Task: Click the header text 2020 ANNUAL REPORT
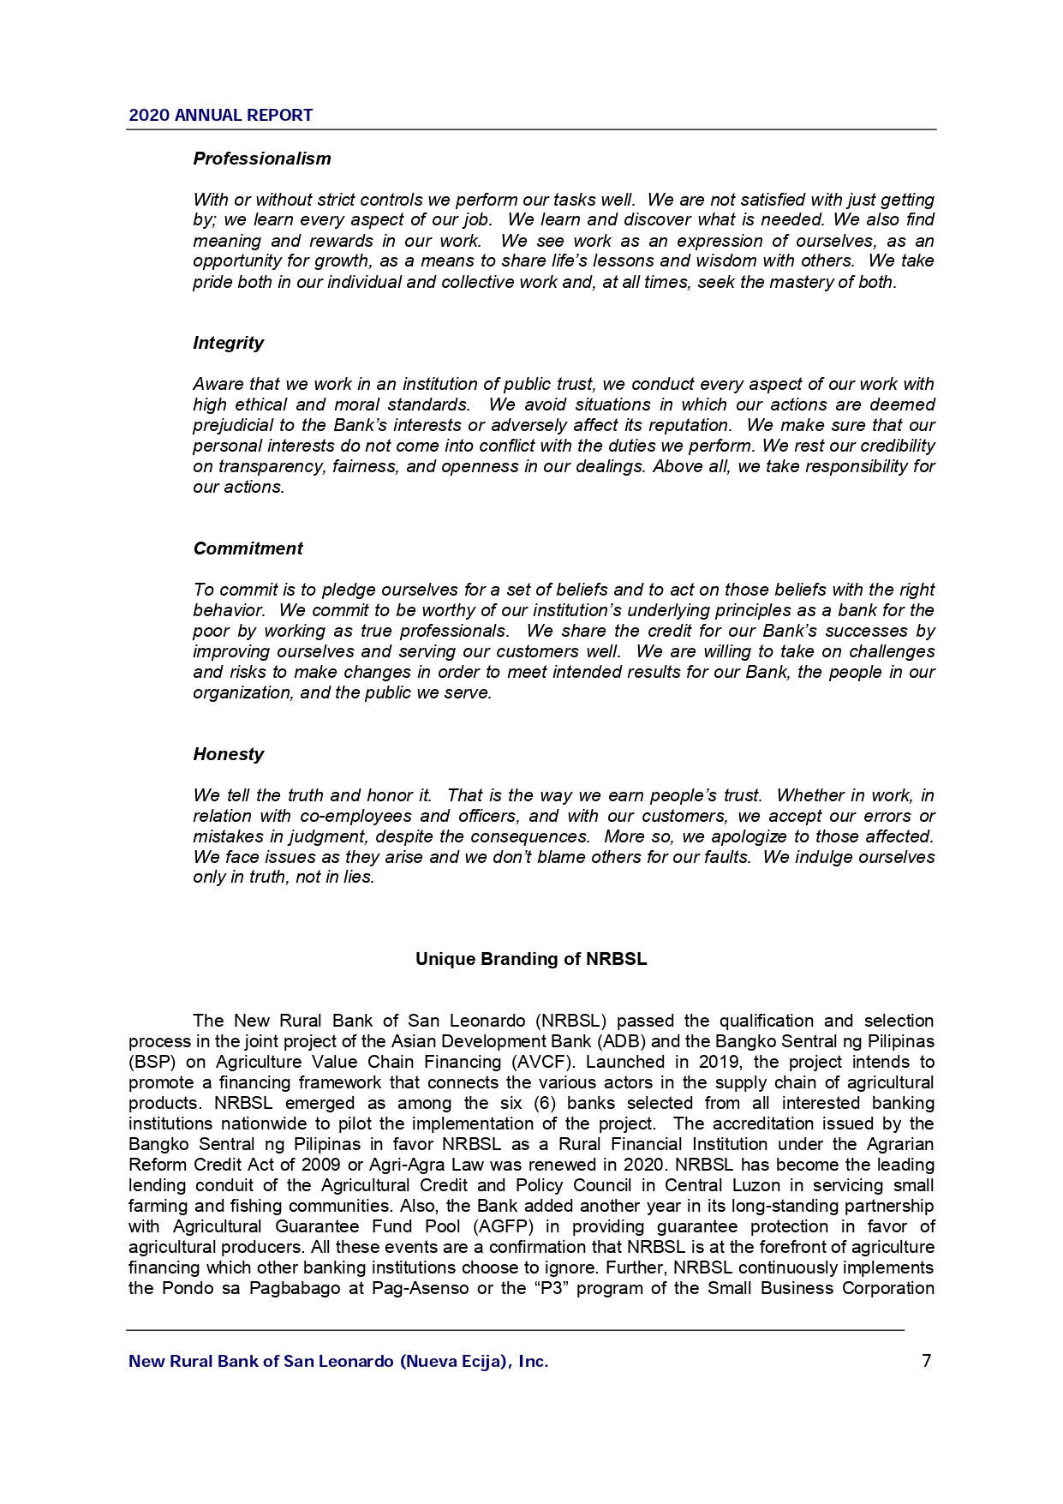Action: (220, 116)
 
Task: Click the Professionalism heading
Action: (261, 159)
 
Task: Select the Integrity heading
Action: (228, 343)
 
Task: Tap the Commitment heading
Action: (248, 548)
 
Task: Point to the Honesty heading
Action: (228, 754)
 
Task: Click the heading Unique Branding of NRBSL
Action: (531, 959)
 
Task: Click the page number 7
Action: (926, 1361)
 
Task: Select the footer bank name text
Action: (338, 1362)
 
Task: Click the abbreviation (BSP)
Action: (152, 1062)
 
